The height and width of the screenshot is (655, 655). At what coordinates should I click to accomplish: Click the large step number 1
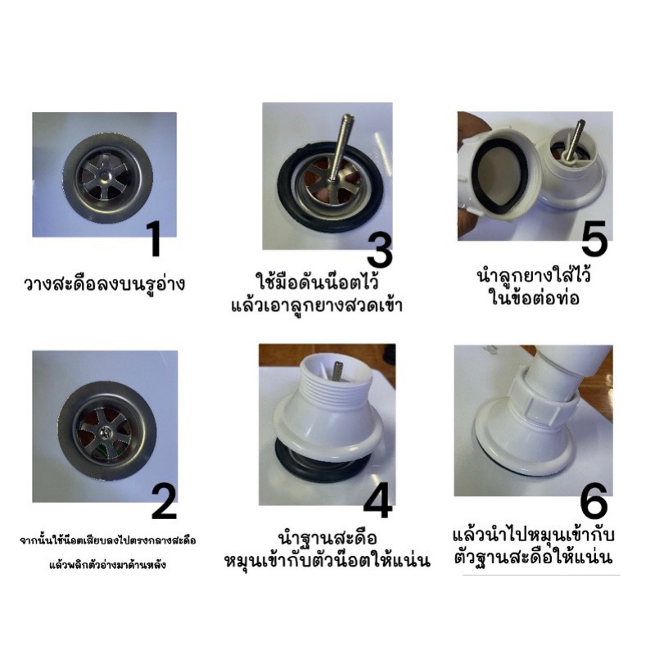pos(156,239)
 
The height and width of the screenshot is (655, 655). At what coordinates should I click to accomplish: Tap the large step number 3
pos(380,250)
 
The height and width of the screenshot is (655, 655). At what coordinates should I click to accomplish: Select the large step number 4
pos(378,500)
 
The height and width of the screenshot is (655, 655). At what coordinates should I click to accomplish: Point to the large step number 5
pos(594,238)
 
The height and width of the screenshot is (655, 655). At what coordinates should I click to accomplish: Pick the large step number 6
pos(594,501)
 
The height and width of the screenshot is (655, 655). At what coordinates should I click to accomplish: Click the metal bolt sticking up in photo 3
pos(341,148)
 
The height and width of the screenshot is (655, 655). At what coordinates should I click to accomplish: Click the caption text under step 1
pos(105,284)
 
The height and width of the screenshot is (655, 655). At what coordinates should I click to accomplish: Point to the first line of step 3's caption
pos(318,282)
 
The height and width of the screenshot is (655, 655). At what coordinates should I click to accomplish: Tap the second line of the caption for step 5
pos(535,298)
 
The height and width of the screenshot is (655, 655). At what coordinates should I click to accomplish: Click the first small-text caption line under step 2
pos(108,540)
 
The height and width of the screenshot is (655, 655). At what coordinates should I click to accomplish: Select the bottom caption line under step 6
pos(534,558)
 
